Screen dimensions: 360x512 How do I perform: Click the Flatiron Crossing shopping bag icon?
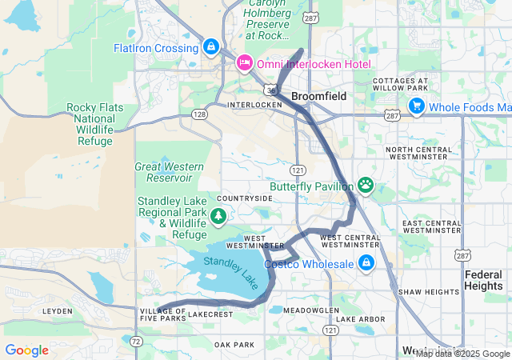coord(211,47)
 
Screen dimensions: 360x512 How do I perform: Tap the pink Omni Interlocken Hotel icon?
coord(244,62)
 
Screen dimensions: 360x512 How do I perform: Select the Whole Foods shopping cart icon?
coord(415,106)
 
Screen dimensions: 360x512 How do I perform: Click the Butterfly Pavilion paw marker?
coord(366,186)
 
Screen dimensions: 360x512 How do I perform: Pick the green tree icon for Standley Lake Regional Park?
coord(217,216)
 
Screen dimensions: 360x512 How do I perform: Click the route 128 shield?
coord(198,114)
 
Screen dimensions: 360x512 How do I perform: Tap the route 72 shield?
coord(137,342)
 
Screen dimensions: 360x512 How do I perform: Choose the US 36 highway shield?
coord(273,90)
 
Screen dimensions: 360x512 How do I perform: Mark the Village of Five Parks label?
coord(162,314)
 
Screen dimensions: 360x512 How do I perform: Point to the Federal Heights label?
coord(484,280)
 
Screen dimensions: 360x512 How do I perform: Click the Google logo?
coord(26,350)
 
